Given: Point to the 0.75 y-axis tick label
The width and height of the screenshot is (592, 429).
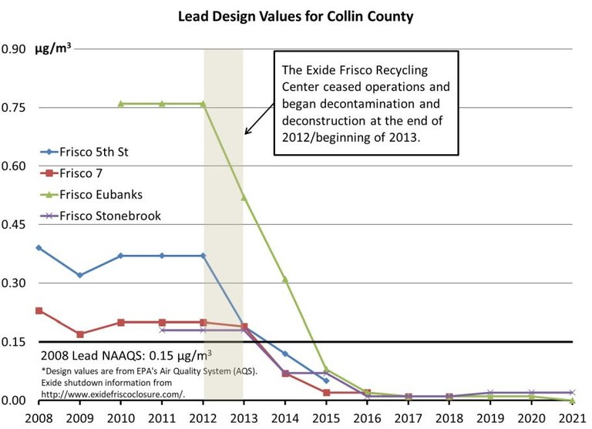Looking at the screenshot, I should (13, 108).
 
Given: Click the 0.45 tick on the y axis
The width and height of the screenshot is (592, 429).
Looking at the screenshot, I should (13, 225).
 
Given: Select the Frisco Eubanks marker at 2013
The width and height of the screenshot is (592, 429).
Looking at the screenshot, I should (244, 197).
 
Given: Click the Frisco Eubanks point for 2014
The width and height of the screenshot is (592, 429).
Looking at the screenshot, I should (285, 280).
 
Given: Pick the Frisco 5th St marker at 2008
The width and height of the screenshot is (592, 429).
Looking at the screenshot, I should (39, 248).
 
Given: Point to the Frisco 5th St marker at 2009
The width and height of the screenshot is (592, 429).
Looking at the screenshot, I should (79, 275).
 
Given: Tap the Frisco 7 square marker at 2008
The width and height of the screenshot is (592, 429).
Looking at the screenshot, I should (39, 310).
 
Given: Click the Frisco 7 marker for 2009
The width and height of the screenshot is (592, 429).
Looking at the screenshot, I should (79, 334).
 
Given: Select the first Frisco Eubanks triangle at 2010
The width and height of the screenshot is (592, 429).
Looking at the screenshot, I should (121, 103).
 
